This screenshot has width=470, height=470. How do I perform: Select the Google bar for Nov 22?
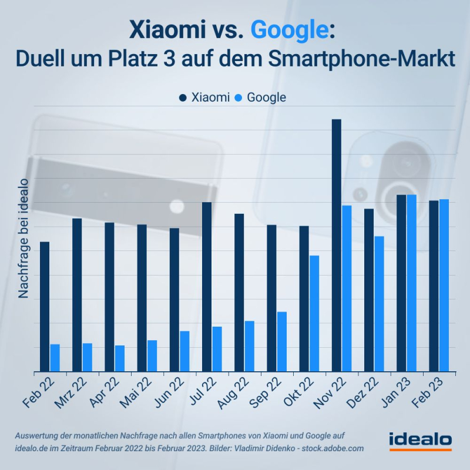click(x=347, y=288)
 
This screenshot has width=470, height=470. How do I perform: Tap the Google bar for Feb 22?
click(x=55, y=358)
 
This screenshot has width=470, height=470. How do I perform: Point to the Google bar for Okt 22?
click(x=314, y=313)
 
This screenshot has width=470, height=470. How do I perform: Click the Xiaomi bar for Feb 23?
click(x=434, y=286)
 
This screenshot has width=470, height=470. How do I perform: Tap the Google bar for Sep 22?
click(x=282, y=341)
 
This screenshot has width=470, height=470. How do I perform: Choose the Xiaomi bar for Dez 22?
click(x=368, y=290)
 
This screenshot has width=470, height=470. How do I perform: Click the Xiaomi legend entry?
click(x=204, y=98)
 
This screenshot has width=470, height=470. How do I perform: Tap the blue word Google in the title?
click(x=288, y=30)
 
